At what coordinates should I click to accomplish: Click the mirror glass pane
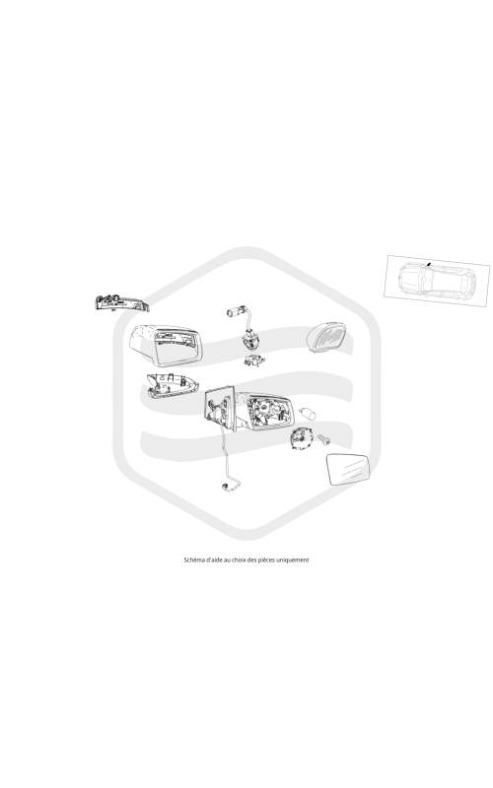[348, 470]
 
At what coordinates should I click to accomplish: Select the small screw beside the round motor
[324, 440]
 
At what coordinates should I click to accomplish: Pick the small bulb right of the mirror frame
[308, 414]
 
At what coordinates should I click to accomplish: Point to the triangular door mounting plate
[220, 408]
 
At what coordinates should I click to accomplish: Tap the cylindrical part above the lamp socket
[236, 311]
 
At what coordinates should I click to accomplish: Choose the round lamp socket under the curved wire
[249, 341]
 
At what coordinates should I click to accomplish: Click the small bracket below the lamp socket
[254, 361]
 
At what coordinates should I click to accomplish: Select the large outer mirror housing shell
[167, 345]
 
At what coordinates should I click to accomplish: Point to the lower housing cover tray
[170, 385]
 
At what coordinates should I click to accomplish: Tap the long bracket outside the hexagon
[121, 303]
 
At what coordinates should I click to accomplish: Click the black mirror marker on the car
[428, 263]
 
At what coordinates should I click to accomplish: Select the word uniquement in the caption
[292, 559]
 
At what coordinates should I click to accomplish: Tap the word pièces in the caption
[266, 559]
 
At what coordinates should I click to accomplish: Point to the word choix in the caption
[241, 559]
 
